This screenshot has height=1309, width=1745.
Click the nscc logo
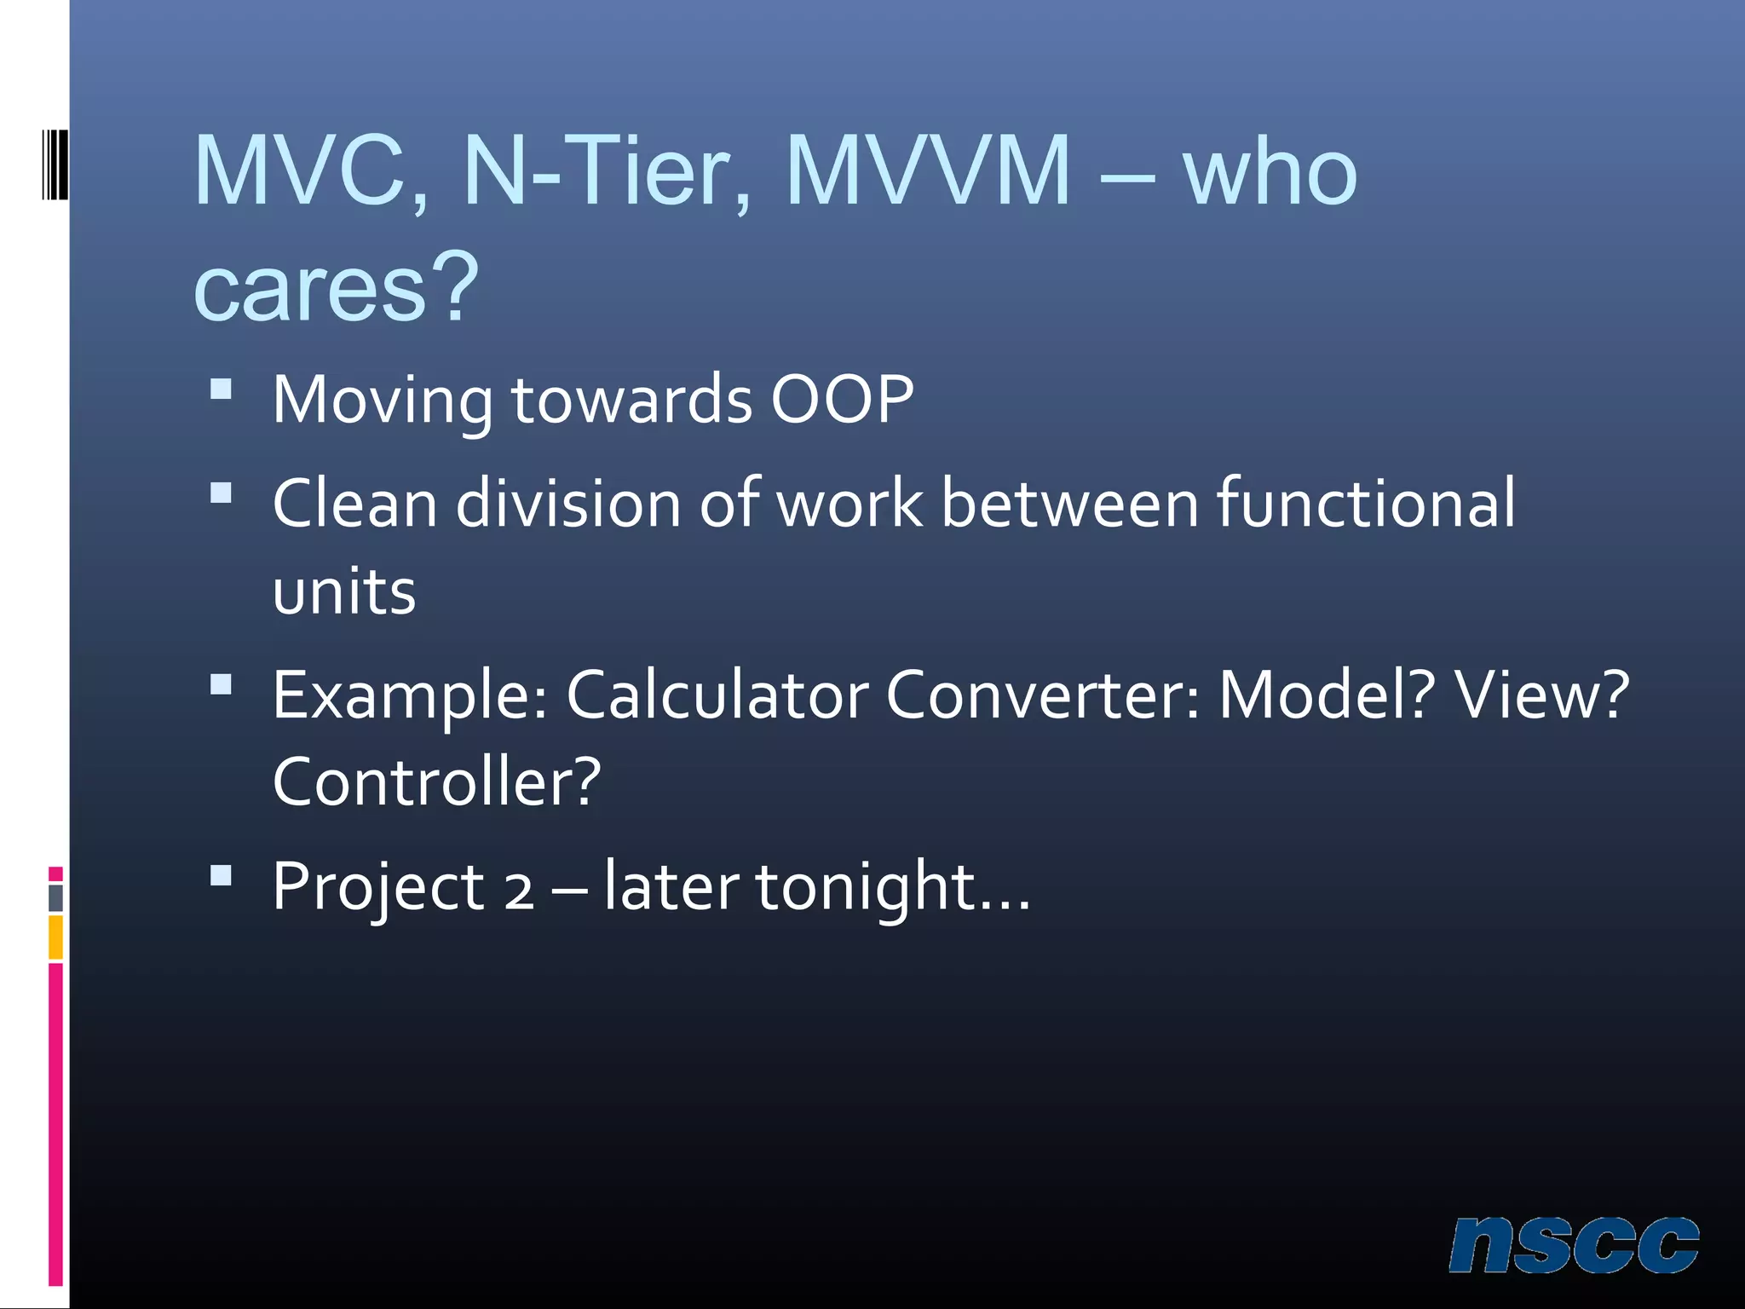coord(1574,1245)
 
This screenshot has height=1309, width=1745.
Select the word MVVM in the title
coord(927,171)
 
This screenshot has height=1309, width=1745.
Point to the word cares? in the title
coord(336,287)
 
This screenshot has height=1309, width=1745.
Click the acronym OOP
coord(842,399)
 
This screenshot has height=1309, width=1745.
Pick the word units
coord(344,591)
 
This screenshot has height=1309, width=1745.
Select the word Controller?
coord(436,781)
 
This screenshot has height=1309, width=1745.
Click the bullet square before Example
coord(221,685)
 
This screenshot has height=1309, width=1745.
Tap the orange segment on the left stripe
coord(55,937)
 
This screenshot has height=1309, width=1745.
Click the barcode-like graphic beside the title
coord(55,164)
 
